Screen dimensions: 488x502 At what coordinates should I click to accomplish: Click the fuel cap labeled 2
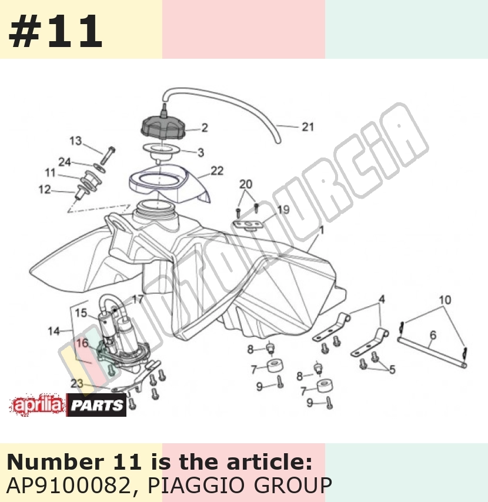click(x=163, y=128)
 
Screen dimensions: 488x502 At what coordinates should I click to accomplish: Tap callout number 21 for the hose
click(x=307, y=127)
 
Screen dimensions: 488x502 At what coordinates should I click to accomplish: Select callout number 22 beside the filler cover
click(x=217, y=171)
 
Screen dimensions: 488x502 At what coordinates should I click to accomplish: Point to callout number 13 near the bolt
click(x=76, y=141)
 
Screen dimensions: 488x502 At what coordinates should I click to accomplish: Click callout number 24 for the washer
click(x=64, y=162)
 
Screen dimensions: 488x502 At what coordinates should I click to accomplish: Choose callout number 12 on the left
click(x=45, y=189)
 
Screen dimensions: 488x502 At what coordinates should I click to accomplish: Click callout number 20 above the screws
click(x=246, y=184)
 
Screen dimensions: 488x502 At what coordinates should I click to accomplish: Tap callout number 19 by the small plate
click(x=283, y=210)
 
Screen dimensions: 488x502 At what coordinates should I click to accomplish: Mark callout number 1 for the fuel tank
click(x=322, y=230)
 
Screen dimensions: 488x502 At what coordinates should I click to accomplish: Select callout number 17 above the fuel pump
click(x=138, y=299)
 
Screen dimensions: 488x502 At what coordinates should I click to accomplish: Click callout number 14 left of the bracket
click(x=54, y=331)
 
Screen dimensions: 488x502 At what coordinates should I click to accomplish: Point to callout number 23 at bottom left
click(x=77, y=383)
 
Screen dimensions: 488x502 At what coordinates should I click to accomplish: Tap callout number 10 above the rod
click(x=444, y=300)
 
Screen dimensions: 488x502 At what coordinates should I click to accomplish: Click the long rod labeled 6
click(x=432, y=352)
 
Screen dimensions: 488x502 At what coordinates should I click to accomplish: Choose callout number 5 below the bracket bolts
click(x=392, y=370)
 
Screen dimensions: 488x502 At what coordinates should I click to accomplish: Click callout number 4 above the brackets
click(x=382, y=299)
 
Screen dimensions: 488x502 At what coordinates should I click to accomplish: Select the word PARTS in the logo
click(x=96, y=406)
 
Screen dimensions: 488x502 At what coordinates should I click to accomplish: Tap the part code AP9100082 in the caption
click(x=68, y=486)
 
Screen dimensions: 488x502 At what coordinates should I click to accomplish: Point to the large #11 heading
click(x=55, y=31)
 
